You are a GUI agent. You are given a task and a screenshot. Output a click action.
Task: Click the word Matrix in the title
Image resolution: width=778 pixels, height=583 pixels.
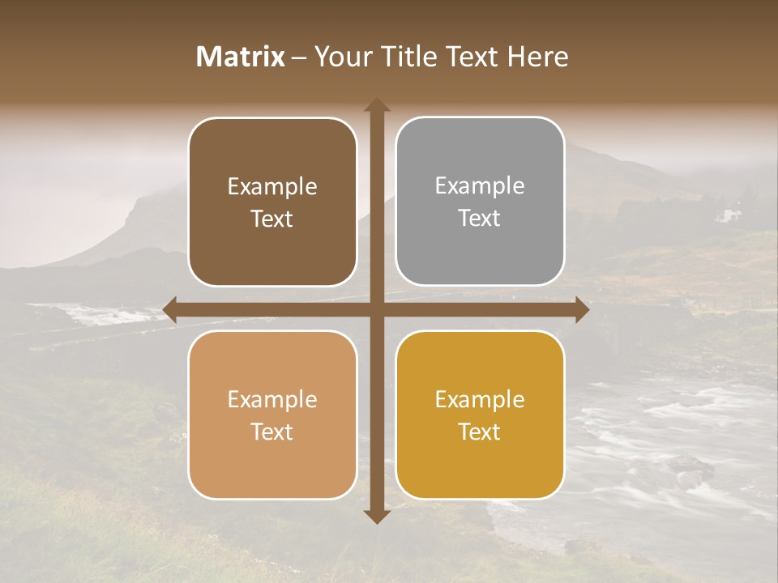pyautogui.click(x=241, y=57)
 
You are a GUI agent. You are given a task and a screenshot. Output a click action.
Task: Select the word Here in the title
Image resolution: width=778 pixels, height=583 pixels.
pyautogui.click(x=537, y=57)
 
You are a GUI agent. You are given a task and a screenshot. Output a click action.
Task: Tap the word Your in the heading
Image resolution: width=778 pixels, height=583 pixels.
pyautogui.click(x=341, y=57)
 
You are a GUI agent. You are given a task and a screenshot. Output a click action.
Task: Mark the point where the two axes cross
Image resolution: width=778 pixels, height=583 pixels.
pyautogui.click(x=377, y=310)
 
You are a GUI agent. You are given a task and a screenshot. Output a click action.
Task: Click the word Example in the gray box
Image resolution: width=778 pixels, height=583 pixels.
pyautogui.click(x=480, y=186)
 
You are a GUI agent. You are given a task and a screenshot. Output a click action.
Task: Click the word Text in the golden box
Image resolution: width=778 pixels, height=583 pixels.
pyautogui.click(x=480, y=432)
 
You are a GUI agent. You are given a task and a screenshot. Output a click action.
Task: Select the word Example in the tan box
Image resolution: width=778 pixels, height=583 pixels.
pyautogui.click(x=272, y=399)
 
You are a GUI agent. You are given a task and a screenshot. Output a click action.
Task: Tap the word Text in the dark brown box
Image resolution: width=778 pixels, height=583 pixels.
pyautogui.click(x=272, y=219)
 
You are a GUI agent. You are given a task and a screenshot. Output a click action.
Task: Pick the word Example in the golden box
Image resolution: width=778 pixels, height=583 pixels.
pyautogui.click(x=480, y=399)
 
